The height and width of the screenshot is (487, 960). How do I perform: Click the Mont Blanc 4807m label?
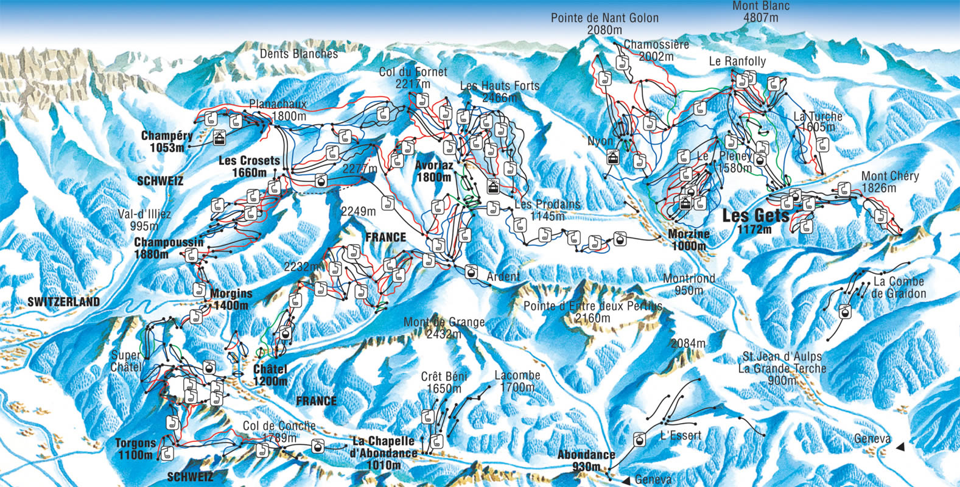pos(760,12)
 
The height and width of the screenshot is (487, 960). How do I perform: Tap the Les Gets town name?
pos(755,216)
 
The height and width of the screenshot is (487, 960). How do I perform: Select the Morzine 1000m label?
pos(689,240)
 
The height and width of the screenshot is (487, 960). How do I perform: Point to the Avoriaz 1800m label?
pos(434,171)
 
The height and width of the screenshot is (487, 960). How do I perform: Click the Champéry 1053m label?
pos(166,141)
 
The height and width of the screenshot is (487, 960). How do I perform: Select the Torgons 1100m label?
pos(135,449)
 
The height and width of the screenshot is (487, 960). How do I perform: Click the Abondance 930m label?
pos(586,460)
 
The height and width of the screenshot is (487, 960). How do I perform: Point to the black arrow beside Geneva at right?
pos(900,447)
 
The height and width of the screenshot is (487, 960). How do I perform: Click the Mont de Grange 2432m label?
pos(444,328)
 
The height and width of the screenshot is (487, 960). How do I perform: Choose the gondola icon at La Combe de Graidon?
pos(845,312)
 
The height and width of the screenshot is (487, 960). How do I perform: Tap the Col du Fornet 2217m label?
pos(413,77)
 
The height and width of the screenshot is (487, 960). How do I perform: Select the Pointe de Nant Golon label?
pos(604,23)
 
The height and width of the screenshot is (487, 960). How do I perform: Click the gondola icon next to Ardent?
pos(471,272)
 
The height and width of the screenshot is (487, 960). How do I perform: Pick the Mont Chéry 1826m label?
pos(889,181)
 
